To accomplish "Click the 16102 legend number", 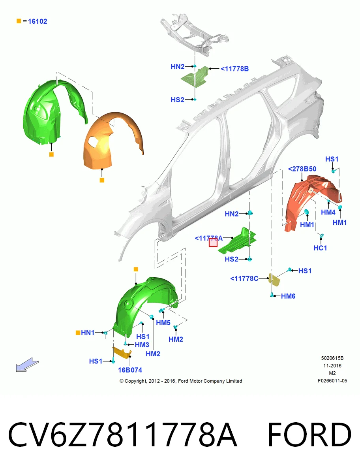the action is pyautogui.click(x=37, y=21).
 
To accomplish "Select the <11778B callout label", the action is pyautogui.click(x=235, y=69).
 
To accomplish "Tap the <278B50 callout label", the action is pyautogui.click(x=302, y=169).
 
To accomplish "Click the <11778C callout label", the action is pyautogui.click(x=244, y=278).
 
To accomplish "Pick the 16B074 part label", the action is pyautogui.click(x=130, y=370).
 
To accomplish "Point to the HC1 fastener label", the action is pyautogui.click(x=320, y=248).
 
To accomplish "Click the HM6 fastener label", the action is pyautogui.click(x=288, y=296).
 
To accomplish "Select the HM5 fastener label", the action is pyautogui.click(x=163, y=323).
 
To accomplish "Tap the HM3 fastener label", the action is pyautogui.click(x=142, y=345).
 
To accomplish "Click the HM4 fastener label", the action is pyautogui.click(x=328, y=212).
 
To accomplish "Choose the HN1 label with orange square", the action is pyautogui.click(x=85, y=333).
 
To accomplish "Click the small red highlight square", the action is pyautogui.click(x=213, y=243).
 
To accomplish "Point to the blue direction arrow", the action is pyautogui.click(x=27, y=365).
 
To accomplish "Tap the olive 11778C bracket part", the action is pyautogui.click(x=274, y=280).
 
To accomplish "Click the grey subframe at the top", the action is pyautogui.click(x=194, y=34).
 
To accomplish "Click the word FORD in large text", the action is pyautogui.click(x=309, y=435).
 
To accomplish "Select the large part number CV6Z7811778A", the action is pyautogui.click(x=122, y=435).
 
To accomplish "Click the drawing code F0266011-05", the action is pyautogui.click(x=332, y=381).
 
